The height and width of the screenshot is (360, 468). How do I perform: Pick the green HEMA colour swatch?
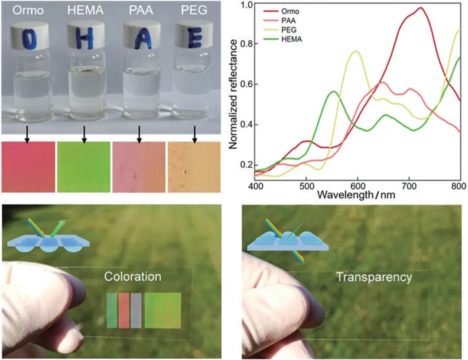[x=84, y=167]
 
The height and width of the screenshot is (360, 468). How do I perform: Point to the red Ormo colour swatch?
[x=28, y=167]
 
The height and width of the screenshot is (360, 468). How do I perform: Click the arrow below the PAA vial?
[x=139, y=134]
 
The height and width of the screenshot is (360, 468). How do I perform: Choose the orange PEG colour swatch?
[x=195, y=167]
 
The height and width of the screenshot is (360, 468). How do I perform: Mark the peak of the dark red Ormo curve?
[x=420, y=8]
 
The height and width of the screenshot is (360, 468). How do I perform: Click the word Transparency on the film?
[x=374, y=277]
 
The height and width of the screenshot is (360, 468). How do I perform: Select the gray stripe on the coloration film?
[x=136, y=310]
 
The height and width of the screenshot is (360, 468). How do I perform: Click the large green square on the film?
[x=162, y=310]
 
